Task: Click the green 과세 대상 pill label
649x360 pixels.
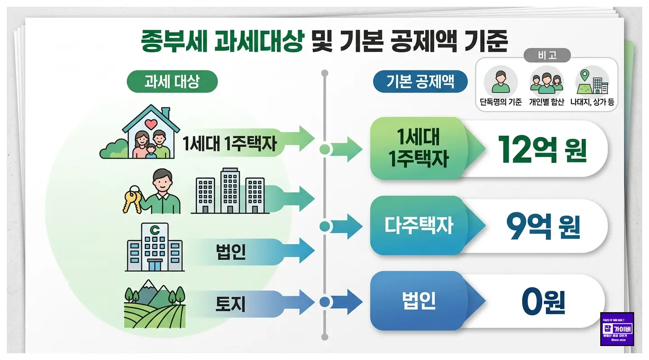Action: (172, 82)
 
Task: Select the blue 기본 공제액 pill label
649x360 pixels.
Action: (420, 82)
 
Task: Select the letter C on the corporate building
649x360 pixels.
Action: (155, 231)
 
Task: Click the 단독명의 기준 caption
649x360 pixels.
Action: (501, 102)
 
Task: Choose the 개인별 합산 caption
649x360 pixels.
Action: (546, 102)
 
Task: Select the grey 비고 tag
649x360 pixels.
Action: (547, 55)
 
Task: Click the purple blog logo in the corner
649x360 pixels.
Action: (617, 329)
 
